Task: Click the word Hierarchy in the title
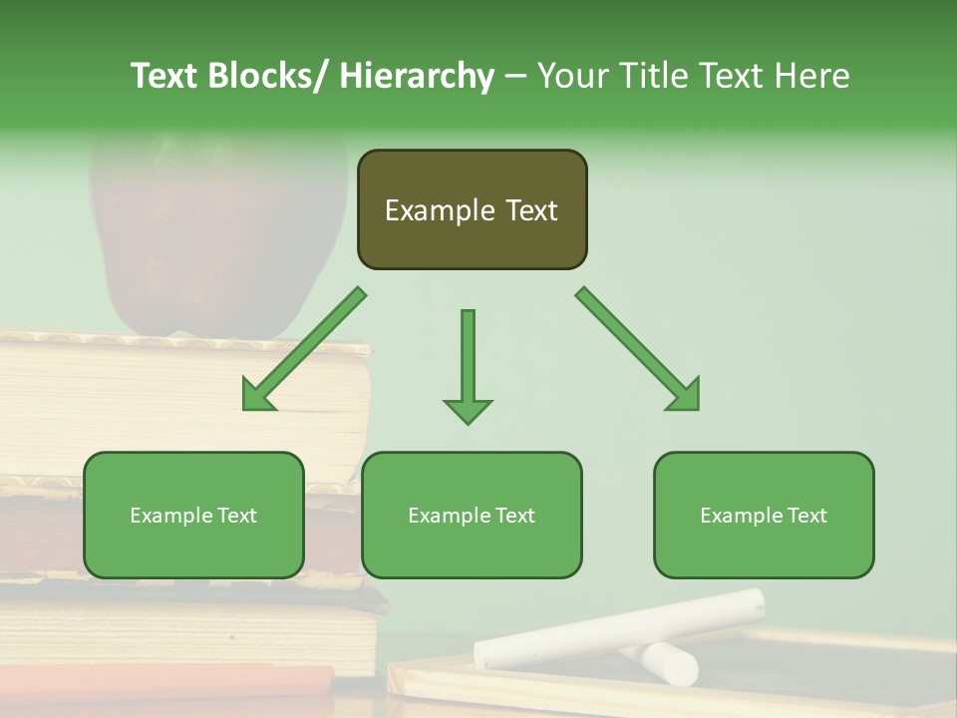click(416, 77)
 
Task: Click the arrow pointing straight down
click(468, 369)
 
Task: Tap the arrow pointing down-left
click(299, 354)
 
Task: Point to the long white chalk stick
click(618, 628)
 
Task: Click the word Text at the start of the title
click(165, 77)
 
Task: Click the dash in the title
click(515, 77)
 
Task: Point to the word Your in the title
click(571, 77)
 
